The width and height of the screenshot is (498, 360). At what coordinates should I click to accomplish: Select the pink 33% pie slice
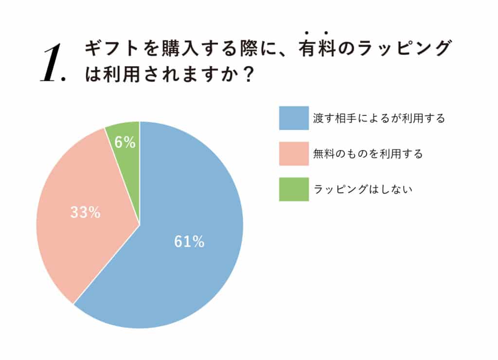click(78, 234)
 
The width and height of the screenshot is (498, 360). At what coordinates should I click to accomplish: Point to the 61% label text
click(189, 242)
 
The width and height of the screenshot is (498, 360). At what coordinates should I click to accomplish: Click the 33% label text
click(85, 212)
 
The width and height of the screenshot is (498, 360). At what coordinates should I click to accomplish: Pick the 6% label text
click(125, 142)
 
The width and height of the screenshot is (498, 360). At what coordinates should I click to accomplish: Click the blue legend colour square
click(294, 118)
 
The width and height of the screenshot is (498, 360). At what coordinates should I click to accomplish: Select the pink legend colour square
click(294, 154)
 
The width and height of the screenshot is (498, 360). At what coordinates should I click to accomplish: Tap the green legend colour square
click(294, 189)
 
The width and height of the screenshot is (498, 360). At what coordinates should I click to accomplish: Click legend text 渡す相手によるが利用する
click(379, 119)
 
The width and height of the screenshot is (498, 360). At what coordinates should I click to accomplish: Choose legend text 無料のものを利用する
click(368, 154)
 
